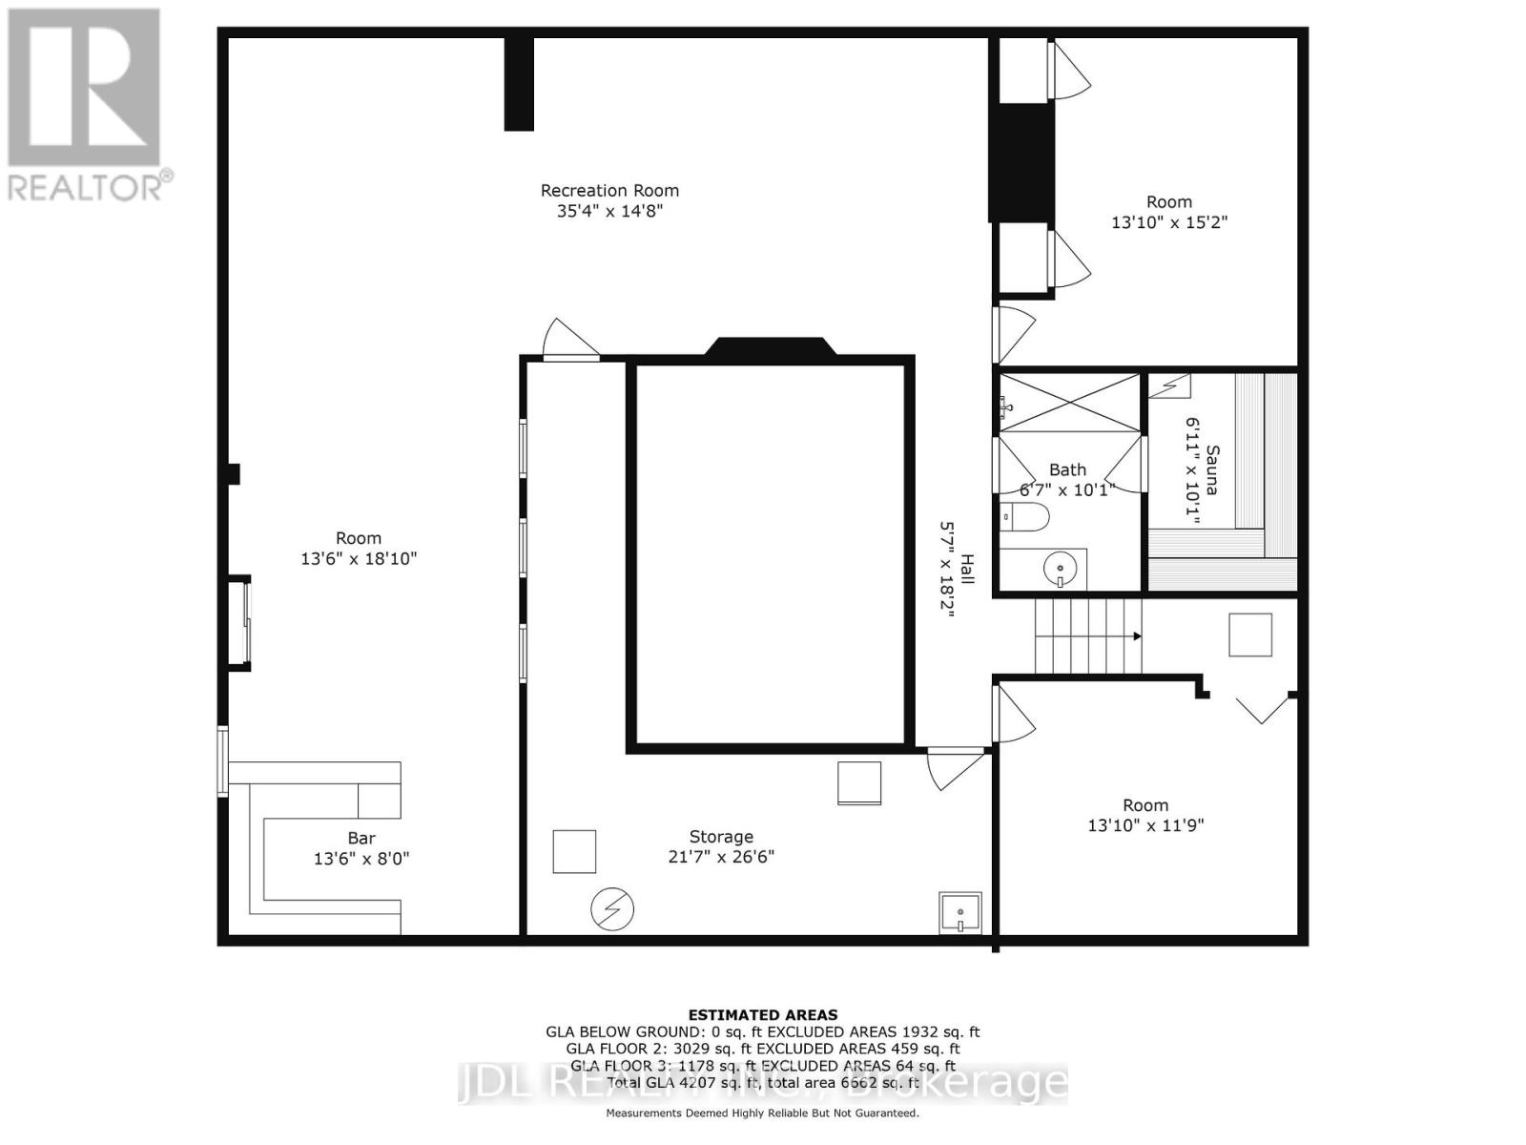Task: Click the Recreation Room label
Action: click(609, 191)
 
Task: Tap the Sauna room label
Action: click(1211, 469)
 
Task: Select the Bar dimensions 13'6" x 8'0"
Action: click(361, 859)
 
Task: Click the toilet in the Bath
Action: click(1026, 518)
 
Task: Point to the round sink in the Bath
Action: click(1060, 571)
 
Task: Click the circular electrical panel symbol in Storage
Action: click(611, 909)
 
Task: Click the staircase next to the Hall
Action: click(1088, 635)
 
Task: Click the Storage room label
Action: click(721, 837)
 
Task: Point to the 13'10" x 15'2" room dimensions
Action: click(1168, 222)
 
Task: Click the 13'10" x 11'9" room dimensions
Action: click(1144, 825)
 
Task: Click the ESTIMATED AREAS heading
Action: click(762, 1015)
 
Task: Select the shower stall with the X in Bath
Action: click(1068, 403)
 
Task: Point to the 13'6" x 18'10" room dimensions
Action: click(359, 559)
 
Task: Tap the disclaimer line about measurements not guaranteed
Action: click(762, 1114)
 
